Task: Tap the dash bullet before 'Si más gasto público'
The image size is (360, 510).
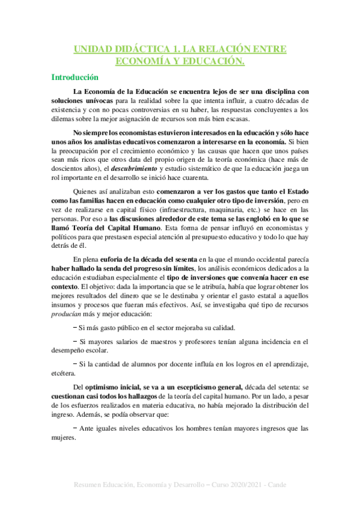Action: pyautogui.click(x=75, y=328)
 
